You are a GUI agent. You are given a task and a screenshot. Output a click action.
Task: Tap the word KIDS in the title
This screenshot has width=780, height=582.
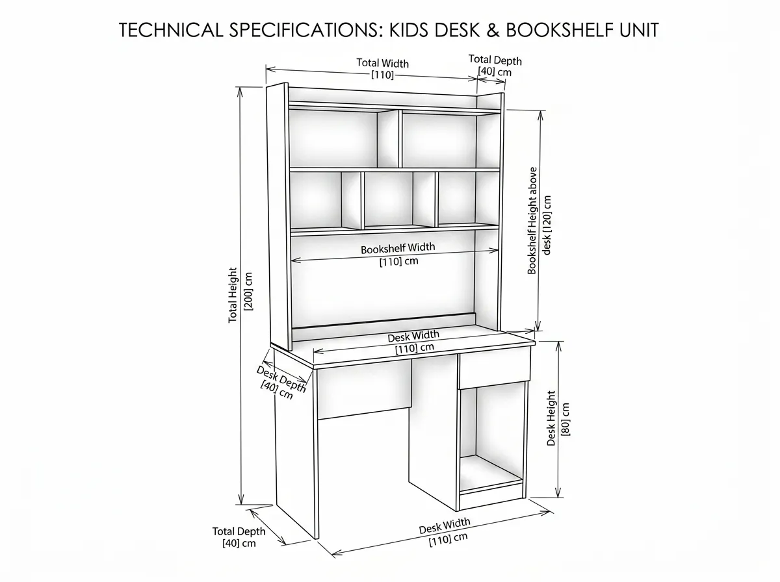[x=409, y=30]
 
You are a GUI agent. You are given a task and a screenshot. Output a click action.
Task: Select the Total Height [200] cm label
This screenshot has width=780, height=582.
[x=240, y=295]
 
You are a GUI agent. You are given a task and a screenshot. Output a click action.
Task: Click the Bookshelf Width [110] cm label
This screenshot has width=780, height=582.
[x=398, y=255]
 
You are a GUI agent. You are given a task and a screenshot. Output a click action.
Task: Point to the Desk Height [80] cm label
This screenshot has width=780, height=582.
[x=558, y=419]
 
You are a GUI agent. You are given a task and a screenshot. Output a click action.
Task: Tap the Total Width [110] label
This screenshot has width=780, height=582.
[x=382, y=69]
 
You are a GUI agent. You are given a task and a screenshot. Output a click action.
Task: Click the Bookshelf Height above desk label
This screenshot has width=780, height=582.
[x=539, y=220]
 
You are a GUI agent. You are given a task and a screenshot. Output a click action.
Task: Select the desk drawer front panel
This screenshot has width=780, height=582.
[x=494, y=370]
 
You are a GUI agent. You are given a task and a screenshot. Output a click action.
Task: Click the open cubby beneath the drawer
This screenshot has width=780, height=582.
[x=492, y=439]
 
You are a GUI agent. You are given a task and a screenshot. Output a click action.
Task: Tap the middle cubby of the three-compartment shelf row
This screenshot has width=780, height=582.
[x=398, y=199]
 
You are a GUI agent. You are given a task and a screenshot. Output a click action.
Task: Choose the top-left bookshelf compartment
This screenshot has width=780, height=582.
[x=343, y=138]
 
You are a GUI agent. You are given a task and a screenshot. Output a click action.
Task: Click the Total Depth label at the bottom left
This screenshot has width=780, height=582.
[x=239, y=537]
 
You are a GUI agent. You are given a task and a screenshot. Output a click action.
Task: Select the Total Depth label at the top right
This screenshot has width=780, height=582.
[x=495, y=66]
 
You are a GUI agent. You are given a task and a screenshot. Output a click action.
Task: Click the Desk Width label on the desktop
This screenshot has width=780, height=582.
[x=413, y=341]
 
